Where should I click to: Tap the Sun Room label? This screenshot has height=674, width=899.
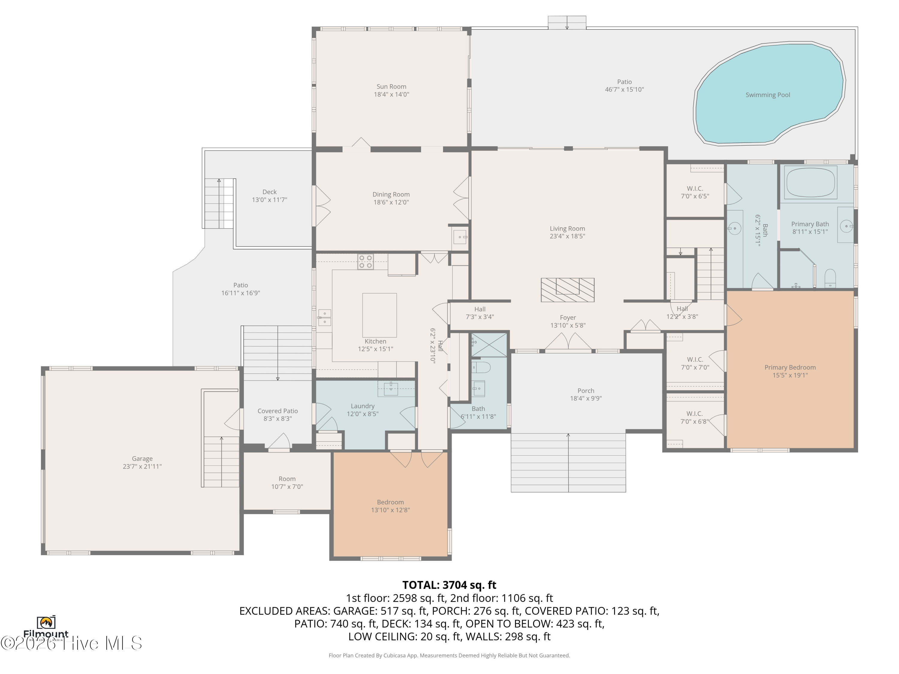(x=391, y=87)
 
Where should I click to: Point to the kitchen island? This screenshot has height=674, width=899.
(x=379, y=315)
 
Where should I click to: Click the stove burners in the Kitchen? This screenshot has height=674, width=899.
(x=365, y=262)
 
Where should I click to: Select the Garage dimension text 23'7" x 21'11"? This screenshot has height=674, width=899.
(x=142, y=466)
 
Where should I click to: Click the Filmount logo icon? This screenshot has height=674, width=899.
(x=46, y=622)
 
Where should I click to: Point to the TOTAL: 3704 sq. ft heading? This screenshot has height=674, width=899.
(x=449, y=585)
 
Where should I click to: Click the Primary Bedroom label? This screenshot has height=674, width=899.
(x=790, y=367)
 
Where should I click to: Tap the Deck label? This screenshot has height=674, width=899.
(x=269, y=192)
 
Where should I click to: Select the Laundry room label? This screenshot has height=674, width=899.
(x=363, y=406)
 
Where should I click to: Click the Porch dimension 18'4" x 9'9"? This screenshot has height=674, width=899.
(x=586, y=398)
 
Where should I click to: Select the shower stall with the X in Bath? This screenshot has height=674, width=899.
(x=489, y=345)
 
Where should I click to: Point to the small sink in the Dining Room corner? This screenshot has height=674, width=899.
(x=460, y=237)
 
